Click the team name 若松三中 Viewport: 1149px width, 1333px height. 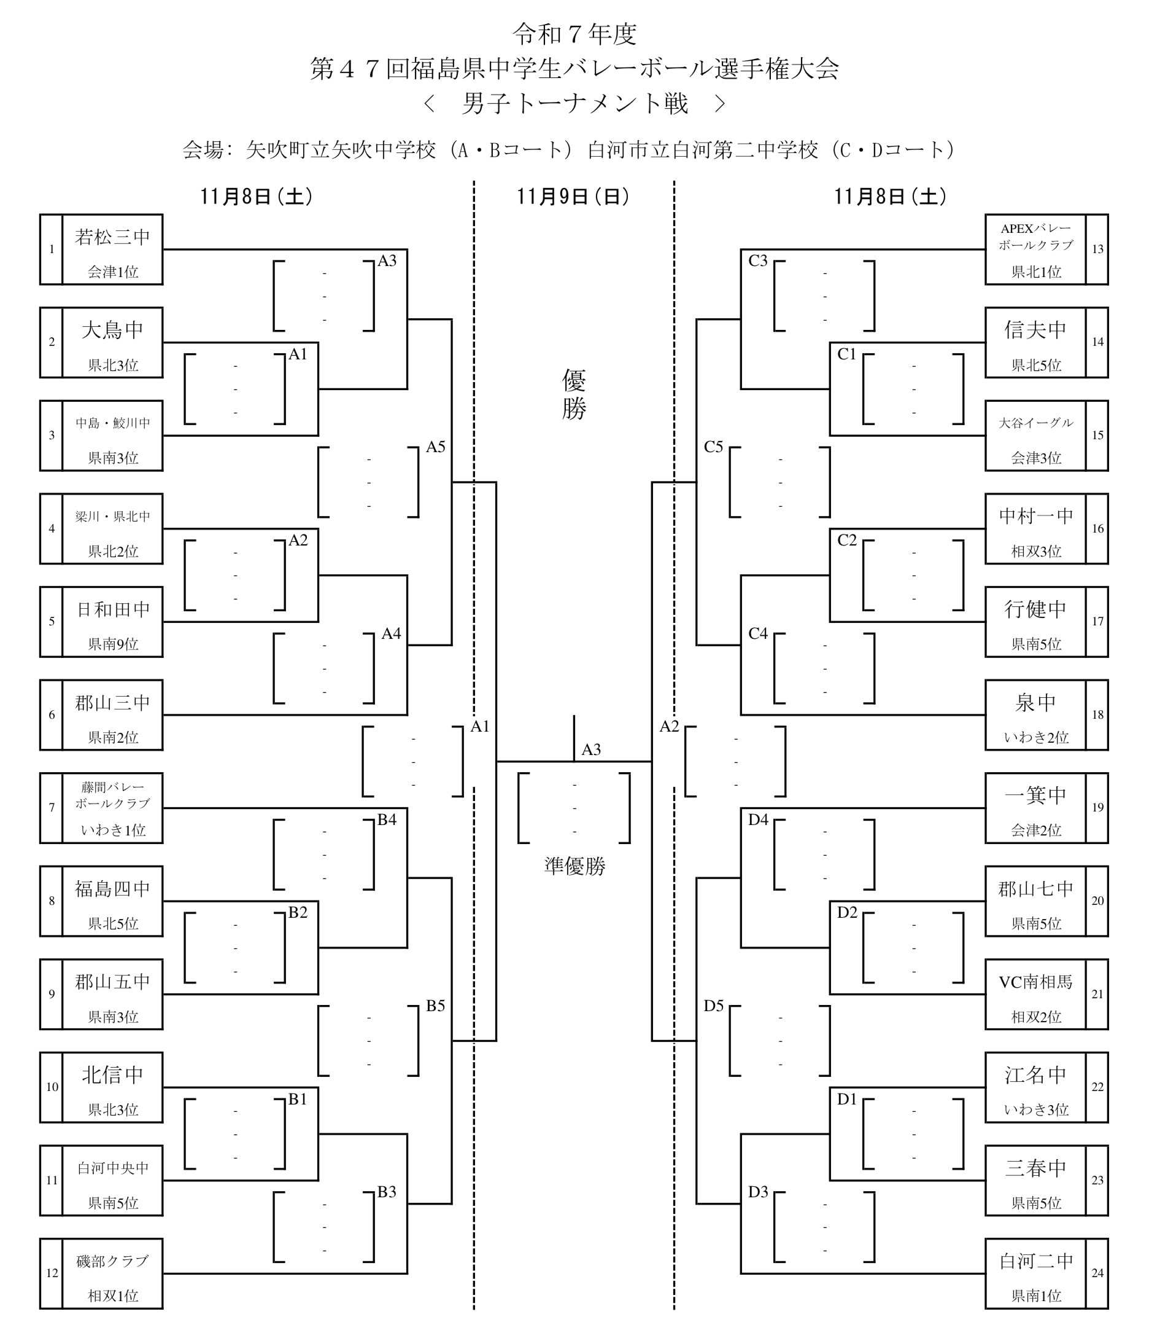(x=112, y=237)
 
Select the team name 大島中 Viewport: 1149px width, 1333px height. (x=112, y=330)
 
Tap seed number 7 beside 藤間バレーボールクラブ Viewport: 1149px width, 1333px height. (x=52, y=807)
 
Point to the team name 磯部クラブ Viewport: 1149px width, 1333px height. (x=112, y=1262)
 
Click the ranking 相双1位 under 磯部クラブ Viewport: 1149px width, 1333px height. (x=112, y=1296)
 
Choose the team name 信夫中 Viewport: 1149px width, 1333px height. (x=1035, y=330)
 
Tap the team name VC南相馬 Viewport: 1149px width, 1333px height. (x=1035, y=982)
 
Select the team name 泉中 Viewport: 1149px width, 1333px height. (x=1035, y=703)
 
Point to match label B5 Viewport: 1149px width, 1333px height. (x=435, y=1006)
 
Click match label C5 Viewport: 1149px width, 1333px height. (x=713, y=447)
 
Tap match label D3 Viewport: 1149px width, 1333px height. (x=758, y=1192)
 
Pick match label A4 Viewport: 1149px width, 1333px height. (x=391, y=634)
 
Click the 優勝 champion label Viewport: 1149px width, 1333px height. (x=573, y=395)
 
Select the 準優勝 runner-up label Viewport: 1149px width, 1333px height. (x=574, y=867)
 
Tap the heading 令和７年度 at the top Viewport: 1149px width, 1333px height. (x=574, y=35)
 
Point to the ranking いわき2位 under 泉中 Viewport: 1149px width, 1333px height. (x=1035, y=738)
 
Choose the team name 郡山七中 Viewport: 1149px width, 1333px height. (x=1035, y=889)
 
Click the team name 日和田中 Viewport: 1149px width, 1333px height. (x=112, y=610)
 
